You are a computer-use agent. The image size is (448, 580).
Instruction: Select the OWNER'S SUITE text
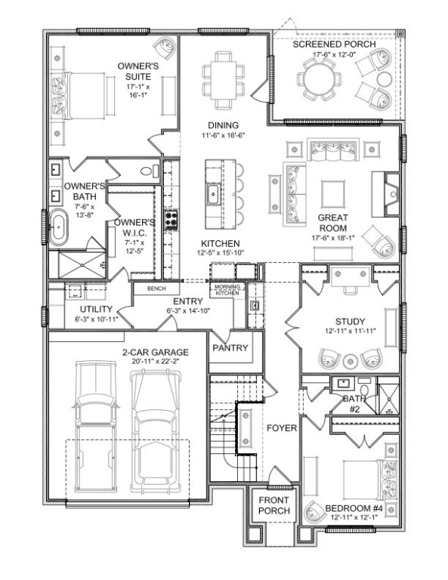point(137,72)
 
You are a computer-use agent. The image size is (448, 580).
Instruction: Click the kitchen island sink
point(214,194)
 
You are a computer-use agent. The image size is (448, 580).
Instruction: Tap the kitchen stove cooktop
point(171,221)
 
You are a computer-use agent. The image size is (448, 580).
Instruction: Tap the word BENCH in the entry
point(156,288)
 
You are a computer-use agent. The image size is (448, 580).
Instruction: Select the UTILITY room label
point(95,310)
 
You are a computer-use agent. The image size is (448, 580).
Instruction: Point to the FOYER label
point(281,428)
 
